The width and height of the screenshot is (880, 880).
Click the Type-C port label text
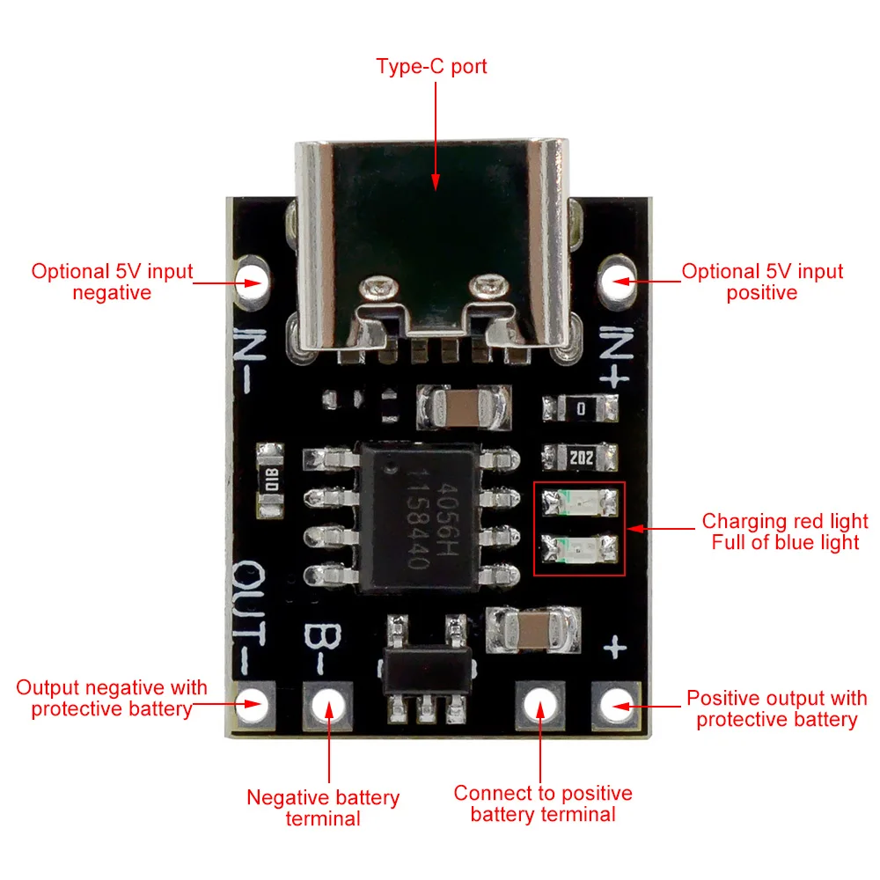[x=431, y=66]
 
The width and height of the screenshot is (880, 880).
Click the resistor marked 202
[x=579, y=456]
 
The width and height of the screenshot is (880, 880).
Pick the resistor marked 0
[x=579, y=408]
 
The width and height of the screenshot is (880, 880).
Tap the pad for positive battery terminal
[x=541, y=702]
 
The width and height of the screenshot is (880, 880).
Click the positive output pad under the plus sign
[x=617, y=702]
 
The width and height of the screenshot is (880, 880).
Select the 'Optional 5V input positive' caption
[x=762, y=282]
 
